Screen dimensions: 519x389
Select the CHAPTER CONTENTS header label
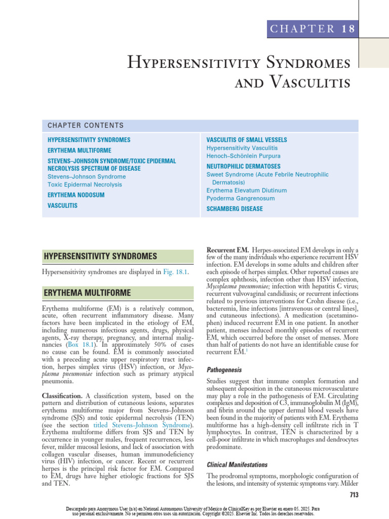point(85,125)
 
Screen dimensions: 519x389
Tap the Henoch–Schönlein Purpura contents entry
point(243,156)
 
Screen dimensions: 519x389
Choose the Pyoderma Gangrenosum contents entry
point(241,198)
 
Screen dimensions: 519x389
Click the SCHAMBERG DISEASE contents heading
point(235,209)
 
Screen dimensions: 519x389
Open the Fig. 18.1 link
point(173,272)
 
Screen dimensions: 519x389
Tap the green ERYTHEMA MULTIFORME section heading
point(87,293)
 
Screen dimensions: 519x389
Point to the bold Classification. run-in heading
point(62,395)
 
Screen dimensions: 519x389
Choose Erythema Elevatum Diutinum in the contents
point(246,190)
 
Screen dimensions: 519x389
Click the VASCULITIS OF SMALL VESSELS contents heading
point(246,139)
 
